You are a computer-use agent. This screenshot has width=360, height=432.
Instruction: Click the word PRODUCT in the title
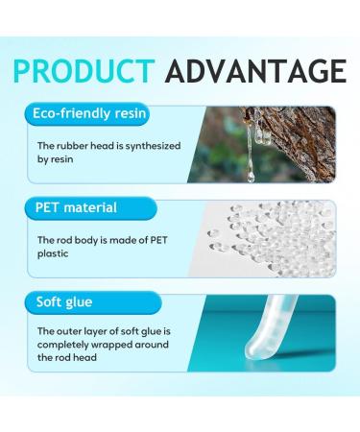pyautogui.click(x=84, y=71)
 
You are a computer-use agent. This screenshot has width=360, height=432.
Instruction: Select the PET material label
pyautogui.click(x=76, y=207)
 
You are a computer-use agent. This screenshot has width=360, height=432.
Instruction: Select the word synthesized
pyautogui.click(x=149, y=146)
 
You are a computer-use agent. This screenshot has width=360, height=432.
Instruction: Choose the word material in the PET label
pyautogui.click(x=90, y=207)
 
